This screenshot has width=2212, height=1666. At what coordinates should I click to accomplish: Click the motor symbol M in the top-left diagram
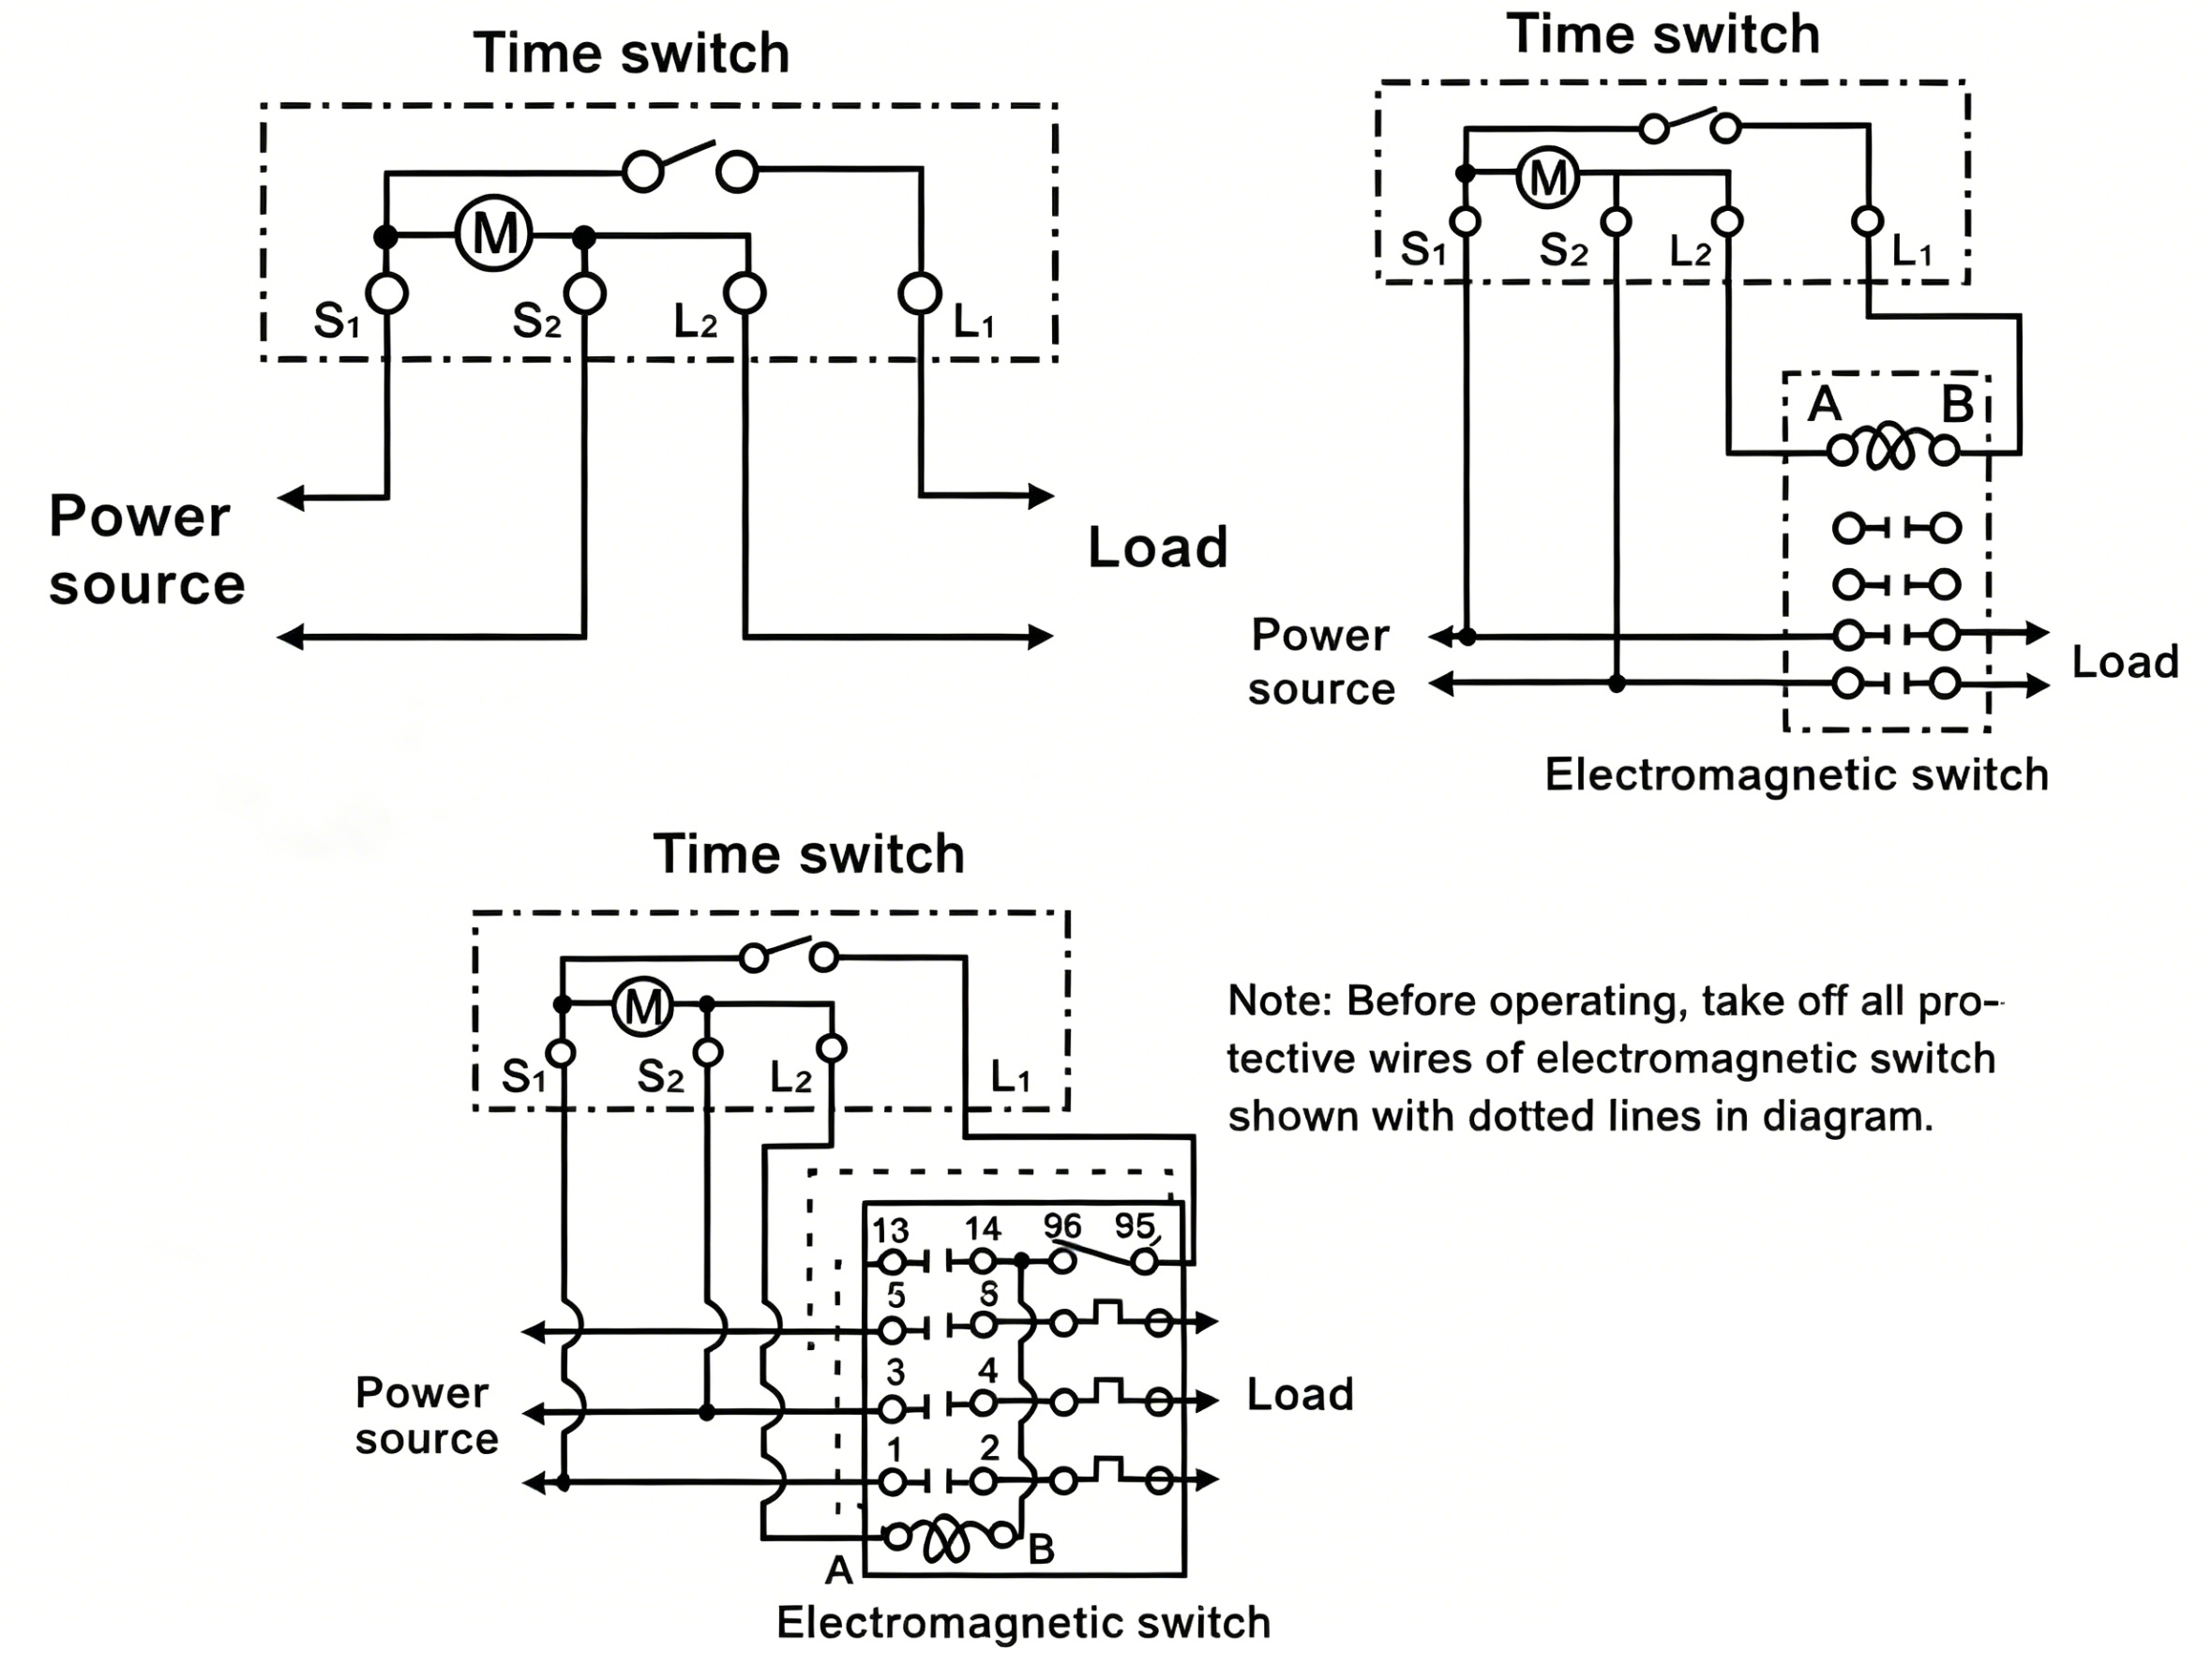pyautogui.click(x=494, y=234)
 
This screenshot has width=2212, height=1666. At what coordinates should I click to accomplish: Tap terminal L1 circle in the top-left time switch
pyautogui.click(x=920, y=293)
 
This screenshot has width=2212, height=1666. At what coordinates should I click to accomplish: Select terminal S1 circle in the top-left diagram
pyautogui.click(x=387, y=293)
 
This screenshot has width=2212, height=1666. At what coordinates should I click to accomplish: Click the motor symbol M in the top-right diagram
pyautogui.click(x=1548, y=178)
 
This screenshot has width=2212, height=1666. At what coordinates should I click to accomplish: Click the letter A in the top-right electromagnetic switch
pyautogui.click(x=1825, y=405)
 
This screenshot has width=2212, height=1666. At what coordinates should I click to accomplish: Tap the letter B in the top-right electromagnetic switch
pyautogui.click(x=1957, y=405)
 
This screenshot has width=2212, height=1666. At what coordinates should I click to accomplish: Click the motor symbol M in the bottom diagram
pyautogui.click(x=642, y=1005)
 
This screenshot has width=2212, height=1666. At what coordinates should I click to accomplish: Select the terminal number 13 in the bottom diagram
pyautogui.click(x=890, y=1230)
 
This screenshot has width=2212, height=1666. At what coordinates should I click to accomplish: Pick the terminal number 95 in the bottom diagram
pyautogui.click(x=1134, y=1225)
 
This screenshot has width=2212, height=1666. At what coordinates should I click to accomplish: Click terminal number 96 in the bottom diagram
pyautogui.click(x=1062, y=1225)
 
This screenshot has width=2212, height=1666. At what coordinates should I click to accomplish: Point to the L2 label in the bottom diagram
pyautogui.click(x=790, y=1078)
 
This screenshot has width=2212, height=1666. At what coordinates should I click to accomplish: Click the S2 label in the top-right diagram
pyautogui.click(x=1564, y=250)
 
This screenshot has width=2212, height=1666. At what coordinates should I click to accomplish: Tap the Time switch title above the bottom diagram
pyautogui.click(x=809, y=854)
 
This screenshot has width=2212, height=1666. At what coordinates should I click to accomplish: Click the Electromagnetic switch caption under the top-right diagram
pyautogui.click(x=1796, y=775)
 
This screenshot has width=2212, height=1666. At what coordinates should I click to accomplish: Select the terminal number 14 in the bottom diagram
pyautogui.click(x=982, y=1229)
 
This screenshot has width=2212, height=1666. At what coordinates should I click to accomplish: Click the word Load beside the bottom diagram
pyautogui.click(x=1300, y=1394)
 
